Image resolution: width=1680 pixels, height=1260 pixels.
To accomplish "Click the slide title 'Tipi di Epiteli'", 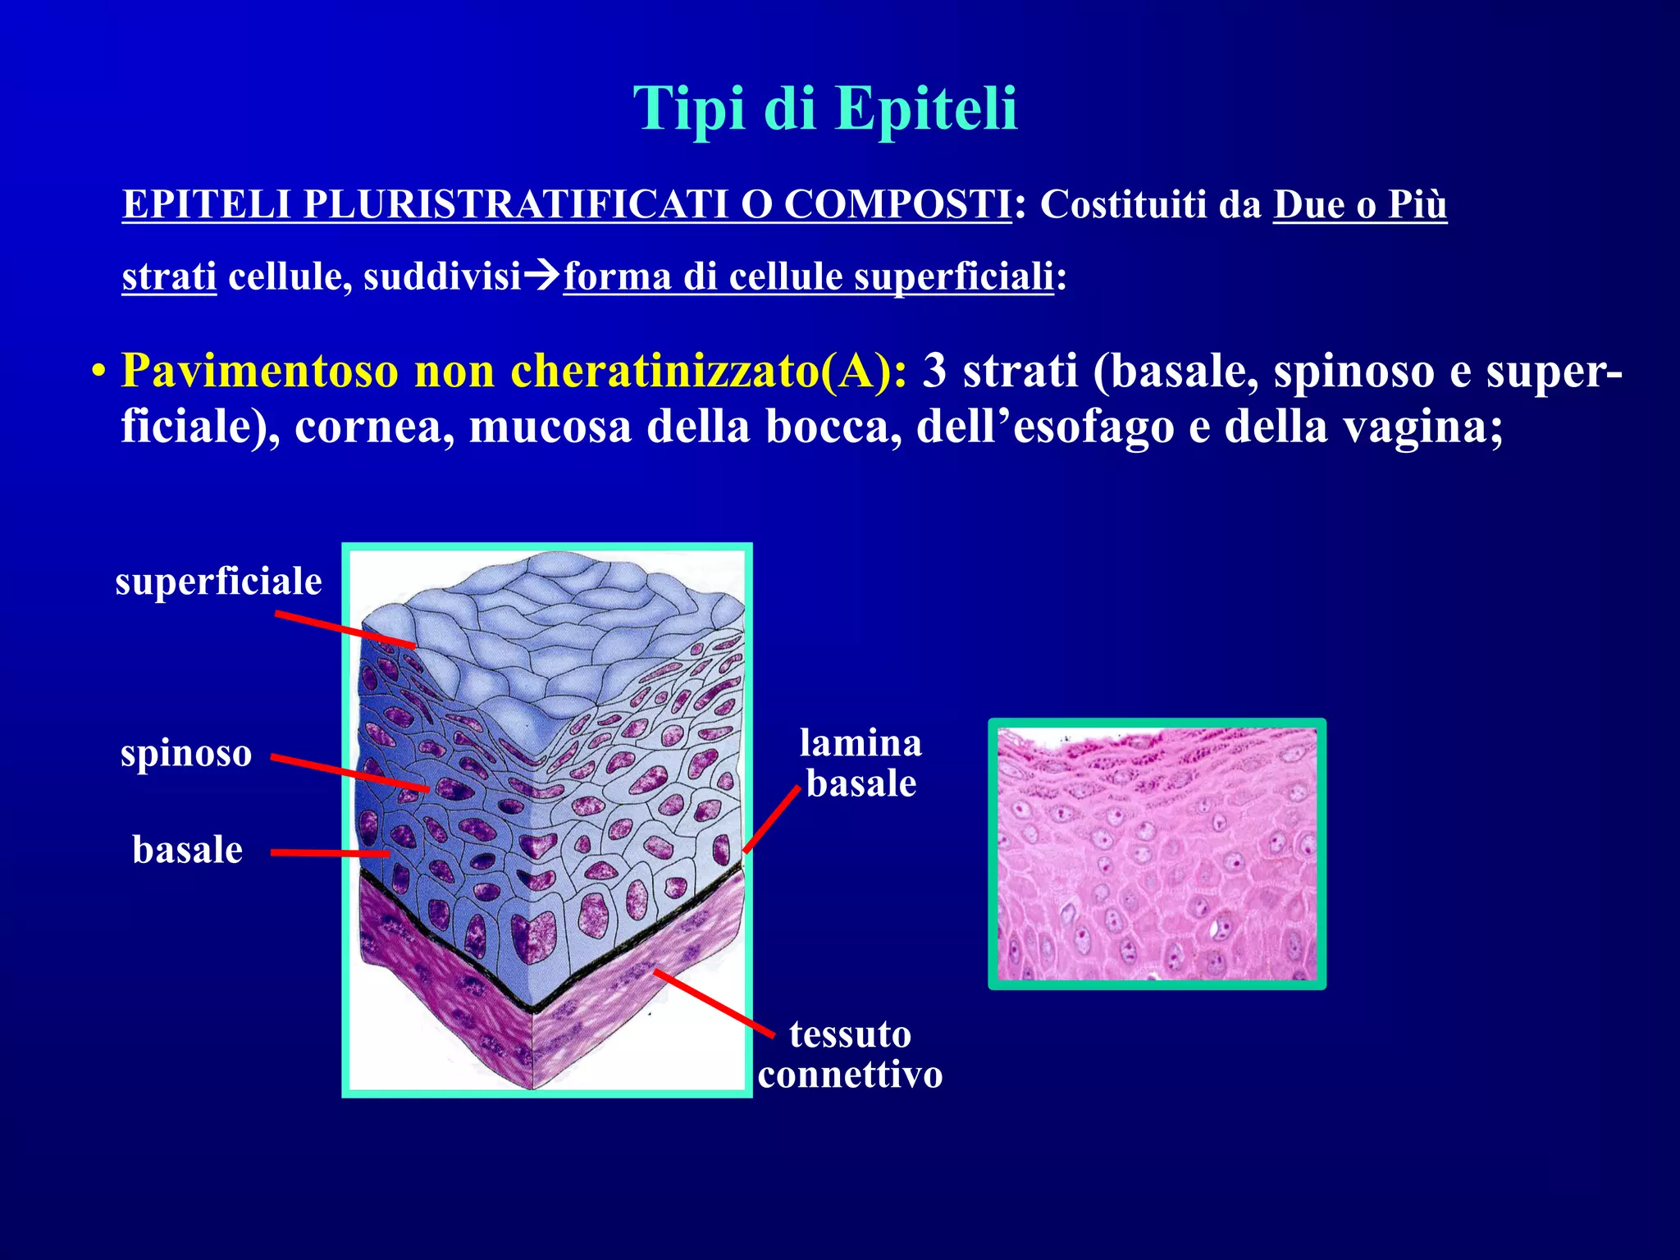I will click(824, 108).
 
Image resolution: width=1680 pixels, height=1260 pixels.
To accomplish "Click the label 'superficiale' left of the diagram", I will click(218, 582).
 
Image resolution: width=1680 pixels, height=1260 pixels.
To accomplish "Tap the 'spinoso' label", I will click(186, 753).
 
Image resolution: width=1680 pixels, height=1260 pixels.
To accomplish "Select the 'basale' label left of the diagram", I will click(188, 850).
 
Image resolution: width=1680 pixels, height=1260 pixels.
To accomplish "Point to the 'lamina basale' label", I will click(861, 763).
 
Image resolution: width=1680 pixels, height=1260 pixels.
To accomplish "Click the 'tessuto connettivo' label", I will click(850, 1054).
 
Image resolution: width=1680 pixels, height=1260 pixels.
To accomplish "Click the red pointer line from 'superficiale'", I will click(345, 630).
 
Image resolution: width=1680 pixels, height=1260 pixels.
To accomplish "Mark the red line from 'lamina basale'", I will click(772, 819).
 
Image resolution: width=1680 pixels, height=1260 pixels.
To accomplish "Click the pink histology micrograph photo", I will click(1157, 854).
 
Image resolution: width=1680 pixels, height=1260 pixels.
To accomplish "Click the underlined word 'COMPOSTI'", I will click(897, 203).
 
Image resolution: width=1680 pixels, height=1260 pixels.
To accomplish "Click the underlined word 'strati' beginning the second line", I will click(169, 276).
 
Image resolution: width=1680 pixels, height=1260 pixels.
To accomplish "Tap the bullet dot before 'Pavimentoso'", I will click(98, 373).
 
